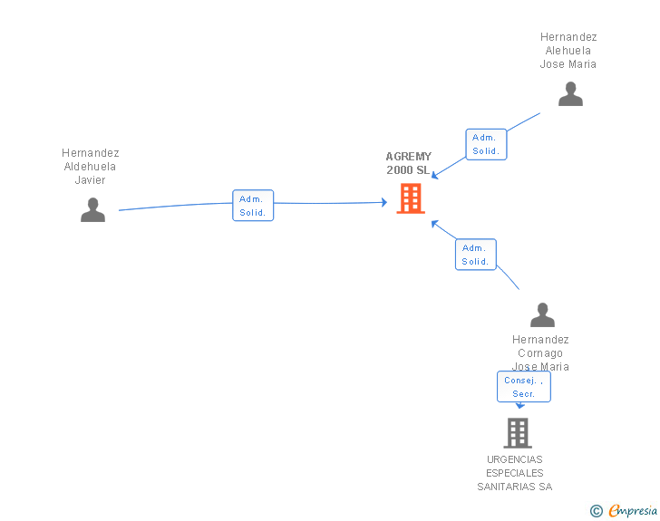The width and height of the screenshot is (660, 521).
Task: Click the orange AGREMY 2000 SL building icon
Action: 411,198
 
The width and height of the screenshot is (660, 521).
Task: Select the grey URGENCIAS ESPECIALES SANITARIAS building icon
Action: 518,433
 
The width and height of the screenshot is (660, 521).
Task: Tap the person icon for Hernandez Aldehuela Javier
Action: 92,209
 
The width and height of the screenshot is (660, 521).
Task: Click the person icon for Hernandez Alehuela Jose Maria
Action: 570,94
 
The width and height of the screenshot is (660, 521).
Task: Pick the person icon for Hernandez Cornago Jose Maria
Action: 542,315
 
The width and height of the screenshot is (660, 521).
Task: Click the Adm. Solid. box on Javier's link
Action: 253,206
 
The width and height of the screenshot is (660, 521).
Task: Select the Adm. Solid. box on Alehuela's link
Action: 486,144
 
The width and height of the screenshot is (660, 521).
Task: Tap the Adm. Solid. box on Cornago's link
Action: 475,255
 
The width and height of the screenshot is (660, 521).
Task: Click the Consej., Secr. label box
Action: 523,387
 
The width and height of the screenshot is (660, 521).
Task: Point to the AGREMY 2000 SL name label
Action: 409,163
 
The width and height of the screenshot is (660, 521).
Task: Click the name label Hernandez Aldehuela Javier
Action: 91,167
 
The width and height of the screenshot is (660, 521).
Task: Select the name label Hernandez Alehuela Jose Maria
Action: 568,51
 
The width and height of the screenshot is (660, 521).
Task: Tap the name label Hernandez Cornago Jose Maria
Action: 540,352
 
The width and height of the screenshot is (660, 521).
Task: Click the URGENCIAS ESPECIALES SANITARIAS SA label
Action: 515,473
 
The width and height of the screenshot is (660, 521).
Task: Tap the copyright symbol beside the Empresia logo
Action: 597,511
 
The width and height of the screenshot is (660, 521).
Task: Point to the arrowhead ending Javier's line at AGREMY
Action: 384,202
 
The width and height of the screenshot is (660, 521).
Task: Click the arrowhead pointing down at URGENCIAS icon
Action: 519,406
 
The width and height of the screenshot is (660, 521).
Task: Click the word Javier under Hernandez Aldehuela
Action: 91,180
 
